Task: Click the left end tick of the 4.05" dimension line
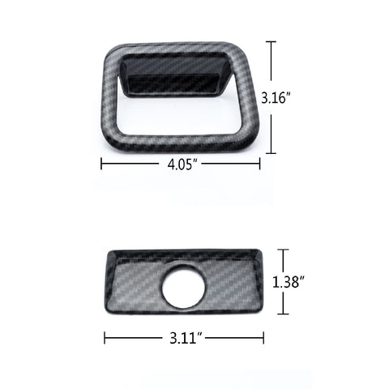[101, 164]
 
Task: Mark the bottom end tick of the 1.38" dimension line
[281, 314]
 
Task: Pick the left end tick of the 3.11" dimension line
[105, 336]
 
